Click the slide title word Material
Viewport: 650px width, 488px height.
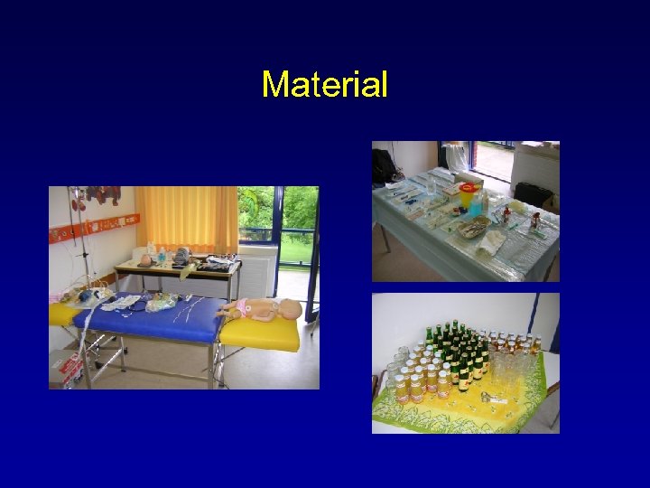(x=324, y=85)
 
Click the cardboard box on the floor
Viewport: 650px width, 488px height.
(x=67, y=367)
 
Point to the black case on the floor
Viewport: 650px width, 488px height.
(x=533, y=193)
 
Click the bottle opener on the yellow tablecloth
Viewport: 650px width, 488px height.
(x=491, y=398)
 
